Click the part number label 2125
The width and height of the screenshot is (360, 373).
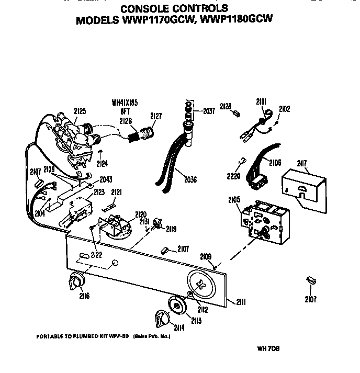click(80, 111)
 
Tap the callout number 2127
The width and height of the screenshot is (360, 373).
click(156, 116)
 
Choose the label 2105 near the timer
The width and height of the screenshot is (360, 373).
click(235, 199)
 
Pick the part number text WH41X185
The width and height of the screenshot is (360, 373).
click(125, 102)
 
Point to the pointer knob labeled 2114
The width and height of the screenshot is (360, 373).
click(162, 317)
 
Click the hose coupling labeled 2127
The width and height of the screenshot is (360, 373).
click(152, 131)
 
